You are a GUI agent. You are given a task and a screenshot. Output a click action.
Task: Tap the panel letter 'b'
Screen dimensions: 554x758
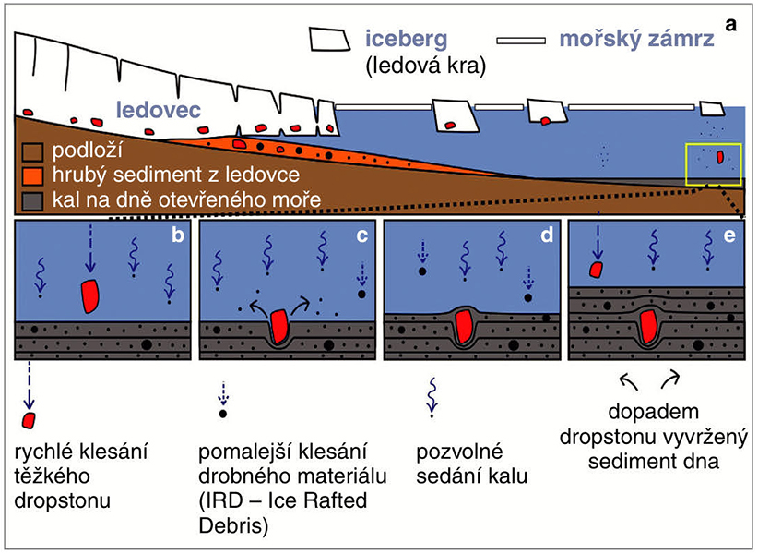click(176, 238)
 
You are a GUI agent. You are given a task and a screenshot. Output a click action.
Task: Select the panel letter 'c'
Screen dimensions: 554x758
click(361, 238)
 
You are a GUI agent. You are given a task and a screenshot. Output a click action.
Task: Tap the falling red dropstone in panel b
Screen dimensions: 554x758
click(89, 293)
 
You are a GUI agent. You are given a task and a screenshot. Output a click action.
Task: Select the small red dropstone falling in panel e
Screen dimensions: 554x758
click(597, 269)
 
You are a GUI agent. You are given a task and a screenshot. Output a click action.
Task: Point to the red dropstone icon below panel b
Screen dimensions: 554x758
click(30, 420)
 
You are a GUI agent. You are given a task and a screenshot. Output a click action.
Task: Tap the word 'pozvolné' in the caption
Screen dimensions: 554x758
click(449, 453)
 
